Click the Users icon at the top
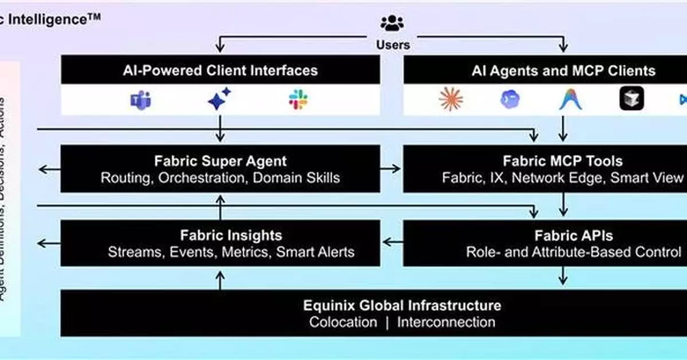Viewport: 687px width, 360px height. (x=392, y=23)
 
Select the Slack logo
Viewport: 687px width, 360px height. (x=298, y=100)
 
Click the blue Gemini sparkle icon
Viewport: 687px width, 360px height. (x=219, y=99)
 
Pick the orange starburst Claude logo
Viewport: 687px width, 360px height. (x=451, y=100)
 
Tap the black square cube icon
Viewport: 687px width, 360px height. (x=631, y=100)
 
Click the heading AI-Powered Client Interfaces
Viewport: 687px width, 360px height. (x=220, y=71)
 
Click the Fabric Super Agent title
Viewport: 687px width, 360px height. (x=220, y=161)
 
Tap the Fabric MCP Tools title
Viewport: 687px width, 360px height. (x=562, y=161)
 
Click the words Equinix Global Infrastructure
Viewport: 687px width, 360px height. (x=402, y=305)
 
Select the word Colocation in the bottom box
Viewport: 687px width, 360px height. (x=343, y=322)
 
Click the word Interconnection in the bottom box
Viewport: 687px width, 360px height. (x=446, y=322)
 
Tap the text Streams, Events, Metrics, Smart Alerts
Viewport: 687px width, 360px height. (x=231, y=252)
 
